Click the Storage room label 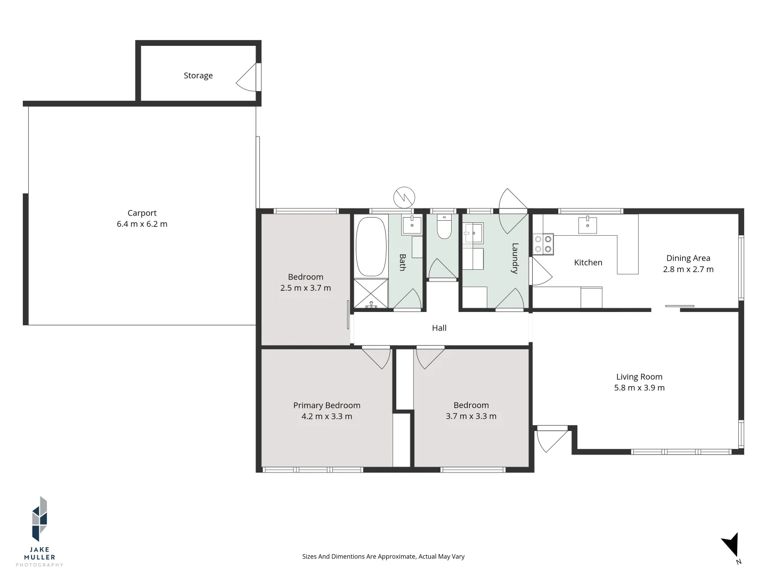coord(198,76)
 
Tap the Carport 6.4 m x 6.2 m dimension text coord(142,224)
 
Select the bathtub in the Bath coord(371,247)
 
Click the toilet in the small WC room coord(444,227)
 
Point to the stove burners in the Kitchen coord(543,244)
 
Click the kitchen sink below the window coord(588,225)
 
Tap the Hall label coord(439,328)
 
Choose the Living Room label coord(639,377)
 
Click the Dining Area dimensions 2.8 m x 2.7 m coord(688,269)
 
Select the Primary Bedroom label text coord(327,405)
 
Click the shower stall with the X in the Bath coord(371,293)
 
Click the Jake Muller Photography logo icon coord(39,518)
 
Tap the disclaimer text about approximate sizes coord(383,556)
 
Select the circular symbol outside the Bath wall coord(404,197)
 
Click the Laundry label coord(515,258)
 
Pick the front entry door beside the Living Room coord(552,438)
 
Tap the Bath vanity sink coord(412,225)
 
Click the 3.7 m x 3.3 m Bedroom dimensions coord(471,416)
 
